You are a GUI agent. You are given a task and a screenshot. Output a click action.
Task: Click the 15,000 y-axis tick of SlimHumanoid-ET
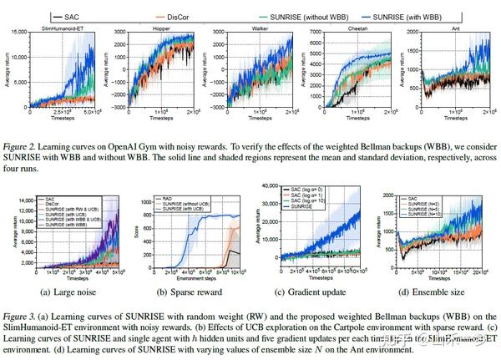click(x=23, y=33)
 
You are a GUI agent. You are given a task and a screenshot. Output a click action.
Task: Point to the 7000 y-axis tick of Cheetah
click(x=302, y=33)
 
